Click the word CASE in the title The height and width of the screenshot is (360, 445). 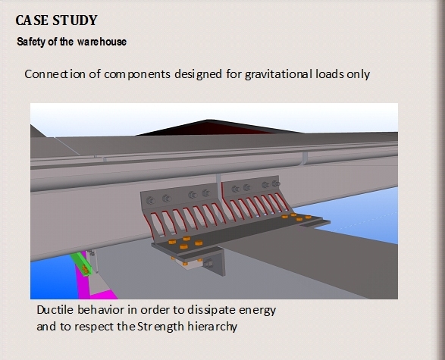(32, 20)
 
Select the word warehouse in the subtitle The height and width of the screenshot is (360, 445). (102, 42)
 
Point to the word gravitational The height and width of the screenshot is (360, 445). (279, 74)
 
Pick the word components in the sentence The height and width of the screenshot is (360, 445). (137, 75)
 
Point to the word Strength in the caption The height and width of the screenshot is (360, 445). (161, 327)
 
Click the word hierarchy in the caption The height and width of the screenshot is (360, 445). (212, 327)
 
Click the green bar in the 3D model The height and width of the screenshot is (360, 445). (81, 264)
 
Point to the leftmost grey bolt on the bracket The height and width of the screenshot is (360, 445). (150, 201)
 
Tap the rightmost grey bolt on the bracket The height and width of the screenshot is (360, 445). (276, 183)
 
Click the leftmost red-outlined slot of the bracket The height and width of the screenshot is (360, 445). (149, 227)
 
